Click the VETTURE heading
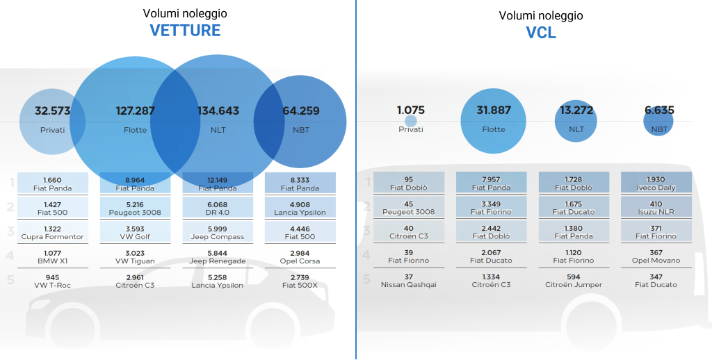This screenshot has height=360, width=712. tap(185, 31)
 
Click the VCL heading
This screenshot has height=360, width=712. tap(541, 33)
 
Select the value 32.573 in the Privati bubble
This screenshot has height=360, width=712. tap(52, 111)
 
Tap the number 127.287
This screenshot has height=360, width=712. tap(135, 111)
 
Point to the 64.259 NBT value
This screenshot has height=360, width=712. tap(300, 111)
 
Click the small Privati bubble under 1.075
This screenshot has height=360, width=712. tap(411, 121)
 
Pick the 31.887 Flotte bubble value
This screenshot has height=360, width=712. tap(494, 111)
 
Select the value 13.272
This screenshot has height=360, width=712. tap(576, 111)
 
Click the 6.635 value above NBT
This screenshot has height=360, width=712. tap(659, 111)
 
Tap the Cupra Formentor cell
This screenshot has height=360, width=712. tap(52, 232)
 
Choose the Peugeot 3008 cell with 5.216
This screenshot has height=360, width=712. tap(135, 208)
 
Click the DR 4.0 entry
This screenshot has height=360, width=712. tap(218, 208)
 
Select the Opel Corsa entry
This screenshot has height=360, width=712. tap(300, 256)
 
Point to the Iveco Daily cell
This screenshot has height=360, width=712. tap(656, 183)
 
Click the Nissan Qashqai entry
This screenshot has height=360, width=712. tap(408, 281)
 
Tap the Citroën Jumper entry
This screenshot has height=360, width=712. tap(574, 281)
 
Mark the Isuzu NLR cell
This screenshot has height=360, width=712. tap(656, 208)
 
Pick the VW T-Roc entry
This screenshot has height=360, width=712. tap(52, 281)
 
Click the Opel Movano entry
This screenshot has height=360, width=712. tap(656, 256)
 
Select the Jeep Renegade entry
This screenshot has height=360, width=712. tap(218, 256)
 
